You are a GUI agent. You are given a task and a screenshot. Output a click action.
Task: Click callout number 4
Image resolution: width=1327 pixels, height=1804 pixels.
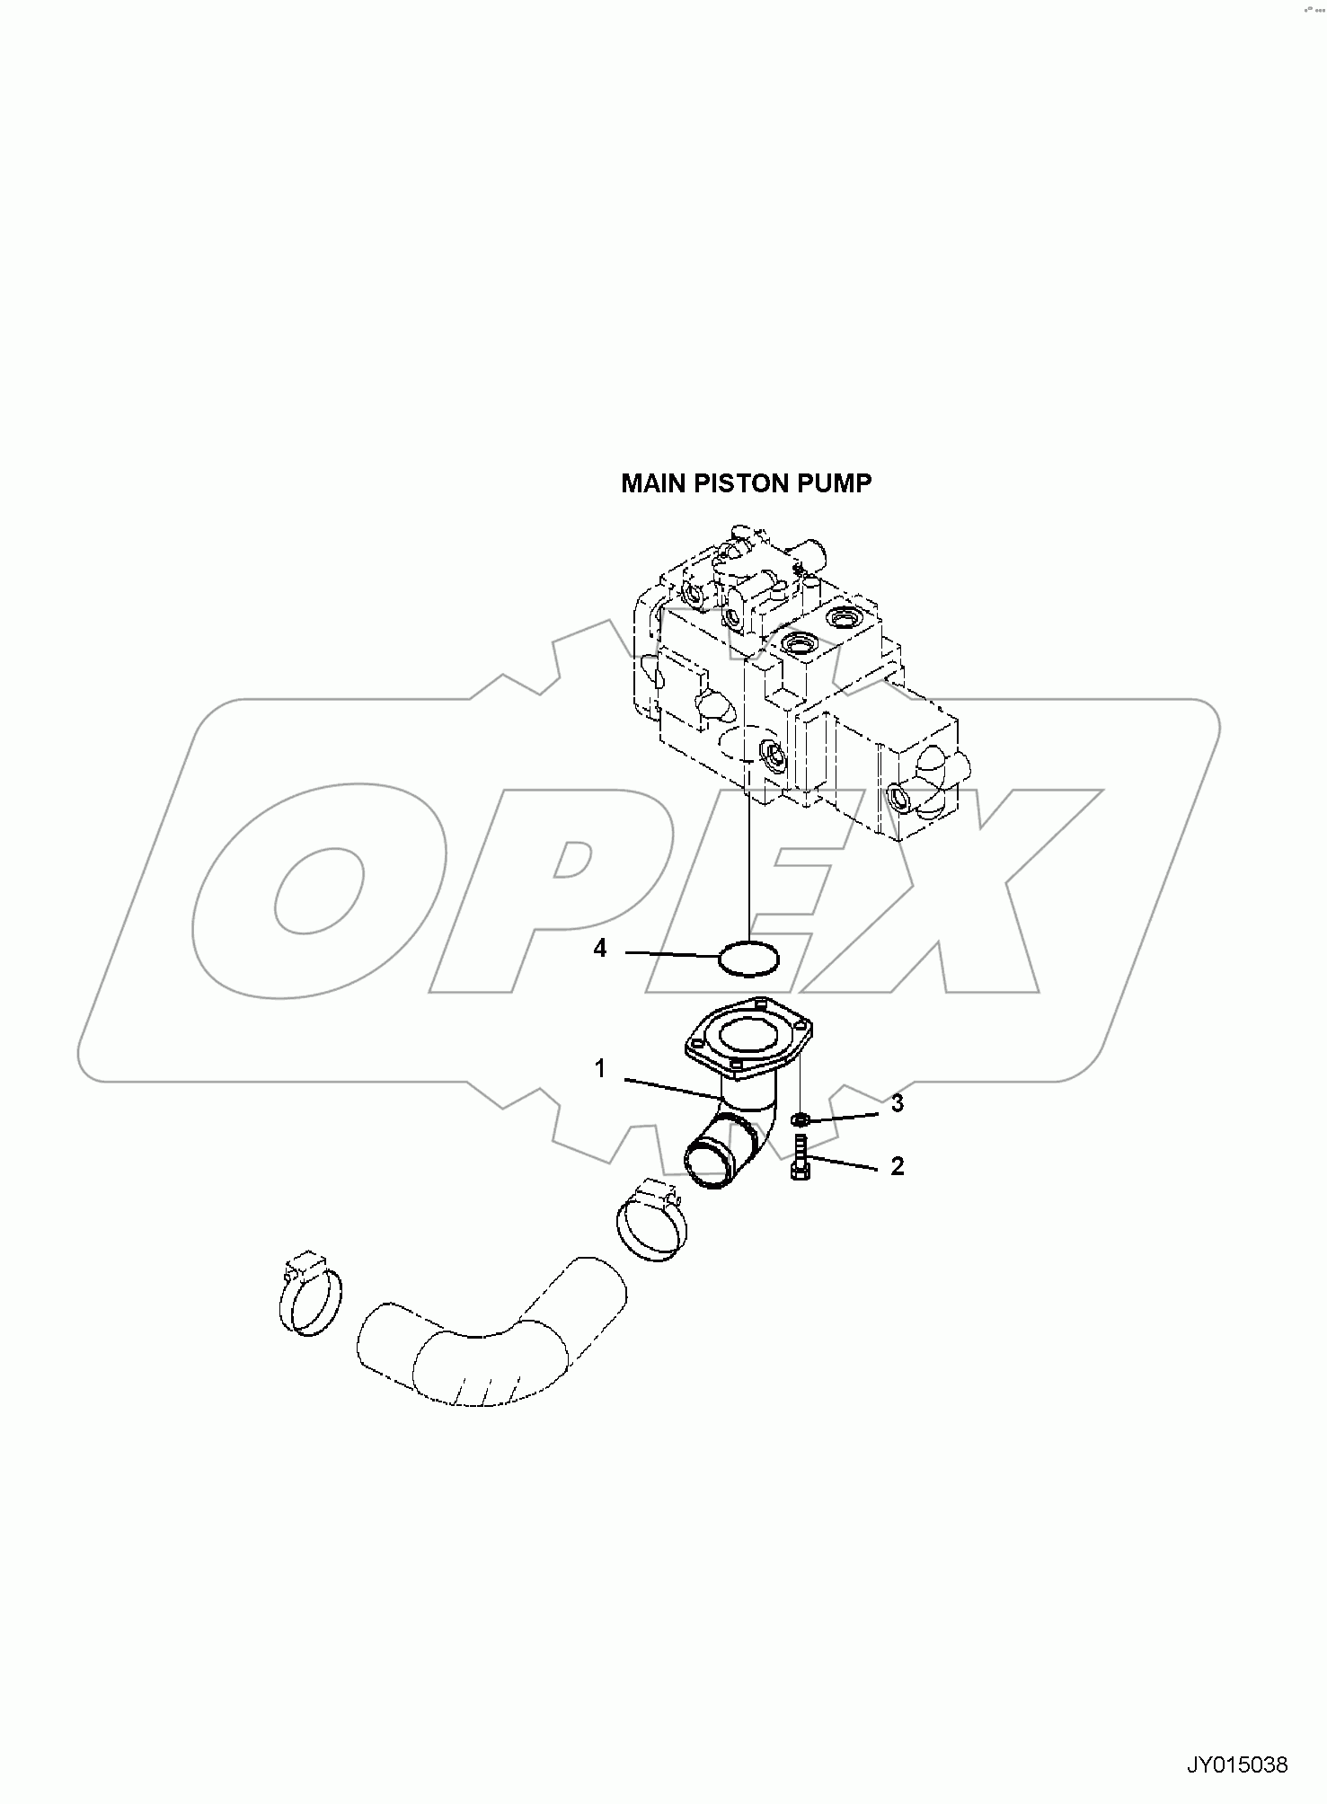[601, 949]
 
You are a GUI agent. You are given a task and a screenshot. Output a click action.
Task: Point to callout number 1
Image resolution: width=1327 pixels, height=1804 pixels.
[600, 1069]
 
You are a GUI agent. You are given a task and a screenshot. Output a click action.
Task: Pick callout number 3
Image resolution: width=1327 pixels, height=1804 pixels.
[897, 1104]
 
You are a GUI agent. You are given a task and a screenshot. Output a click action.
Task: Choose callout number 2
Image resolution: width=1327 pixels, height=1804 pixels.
[897, 1166]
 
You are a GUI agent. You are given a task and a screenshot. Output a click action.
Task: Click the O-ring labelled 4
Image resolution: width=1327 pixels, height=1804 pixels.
[749, 958]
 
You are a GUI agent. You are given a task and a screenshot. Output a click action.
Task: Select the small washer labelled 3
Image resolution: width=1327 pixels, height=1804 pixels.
[800, 1119]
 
